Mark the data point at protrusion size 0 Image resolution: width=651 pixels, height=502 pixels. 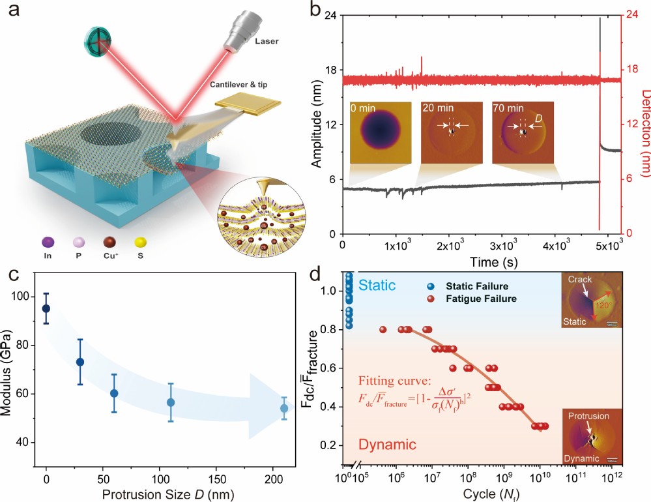tap(46, 308)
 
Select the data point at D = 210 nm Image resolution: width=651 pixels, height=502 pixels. tap(284, 408)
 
